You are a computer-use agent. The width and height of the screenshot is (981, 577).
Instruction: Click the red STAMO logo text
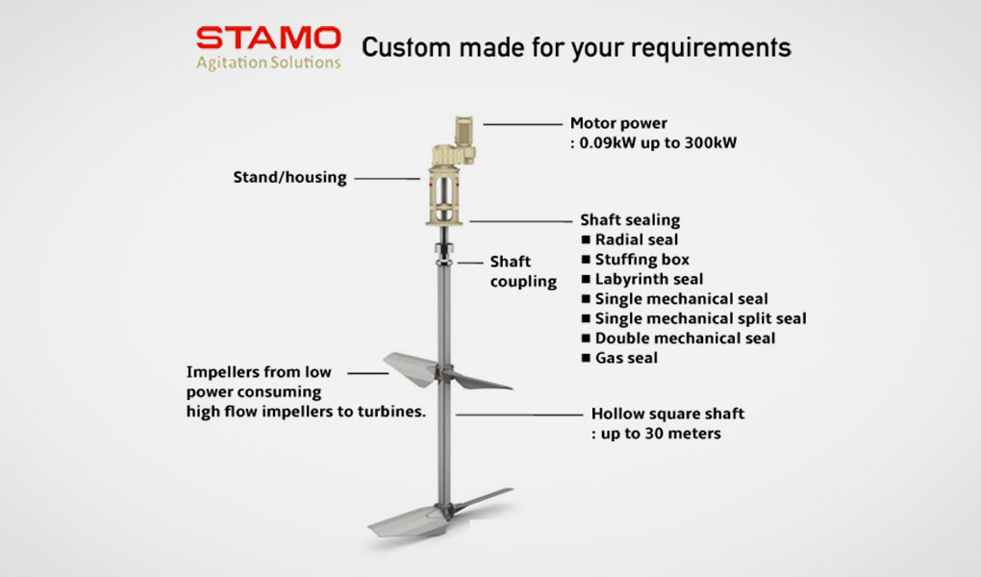268,38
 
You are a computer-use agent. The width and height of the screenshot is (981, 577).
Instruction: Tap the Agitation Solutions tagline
268,63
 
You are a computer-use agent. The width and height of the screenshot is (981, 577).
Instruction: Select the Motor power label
618,123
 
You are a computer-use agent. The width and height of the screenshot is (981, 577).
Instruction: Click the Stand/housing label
289,178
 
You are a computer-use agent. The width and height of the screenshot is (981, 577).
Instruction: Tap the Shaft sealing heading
630,220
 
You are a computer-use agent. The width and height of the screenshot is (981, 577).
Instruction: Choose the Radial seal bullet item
629,239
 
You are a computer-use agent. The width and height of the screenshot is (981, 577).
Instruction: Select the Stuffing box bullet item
635,260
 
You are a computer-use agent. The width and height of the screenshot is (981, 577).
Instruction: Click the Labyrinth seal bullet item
641,279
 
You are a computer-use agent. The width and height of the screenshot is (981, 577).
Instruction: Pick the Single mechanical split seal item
693,318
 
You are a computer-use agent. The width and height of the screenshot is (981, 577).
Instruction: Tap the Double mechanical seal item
678,339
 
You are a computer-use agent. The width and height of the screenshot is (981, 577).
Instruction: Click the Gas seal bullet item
619,358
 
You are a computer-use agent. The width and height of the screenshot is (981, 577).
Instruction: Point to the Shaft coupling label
523,271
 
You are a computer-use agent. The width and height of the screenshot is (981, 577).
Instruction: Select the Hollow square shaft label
667,414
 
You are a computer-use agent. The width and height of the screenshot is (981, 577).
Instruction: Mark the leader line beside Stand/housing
388,178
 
